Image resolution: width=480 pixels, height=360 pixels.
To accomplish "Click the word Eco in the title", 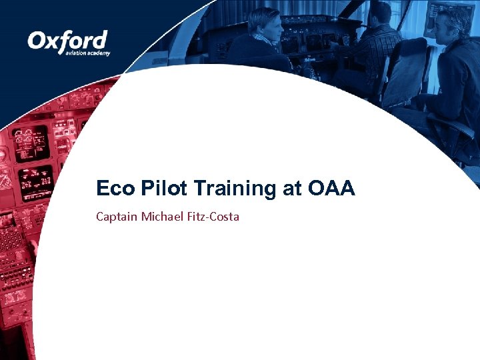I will tap(115, 189).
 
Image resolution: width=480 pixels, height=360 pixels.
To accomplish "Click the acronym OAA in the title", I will tap(332, 189).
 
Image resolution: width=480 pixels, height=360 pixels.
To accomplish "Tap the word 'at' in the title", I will tap(291, 189).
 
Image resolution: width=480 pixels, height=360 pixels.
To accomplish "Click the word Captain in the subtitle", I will tap(117, 217).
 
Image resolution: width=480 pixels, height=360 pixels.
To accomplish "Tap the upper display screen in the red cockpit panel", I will tap(31, 141).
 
